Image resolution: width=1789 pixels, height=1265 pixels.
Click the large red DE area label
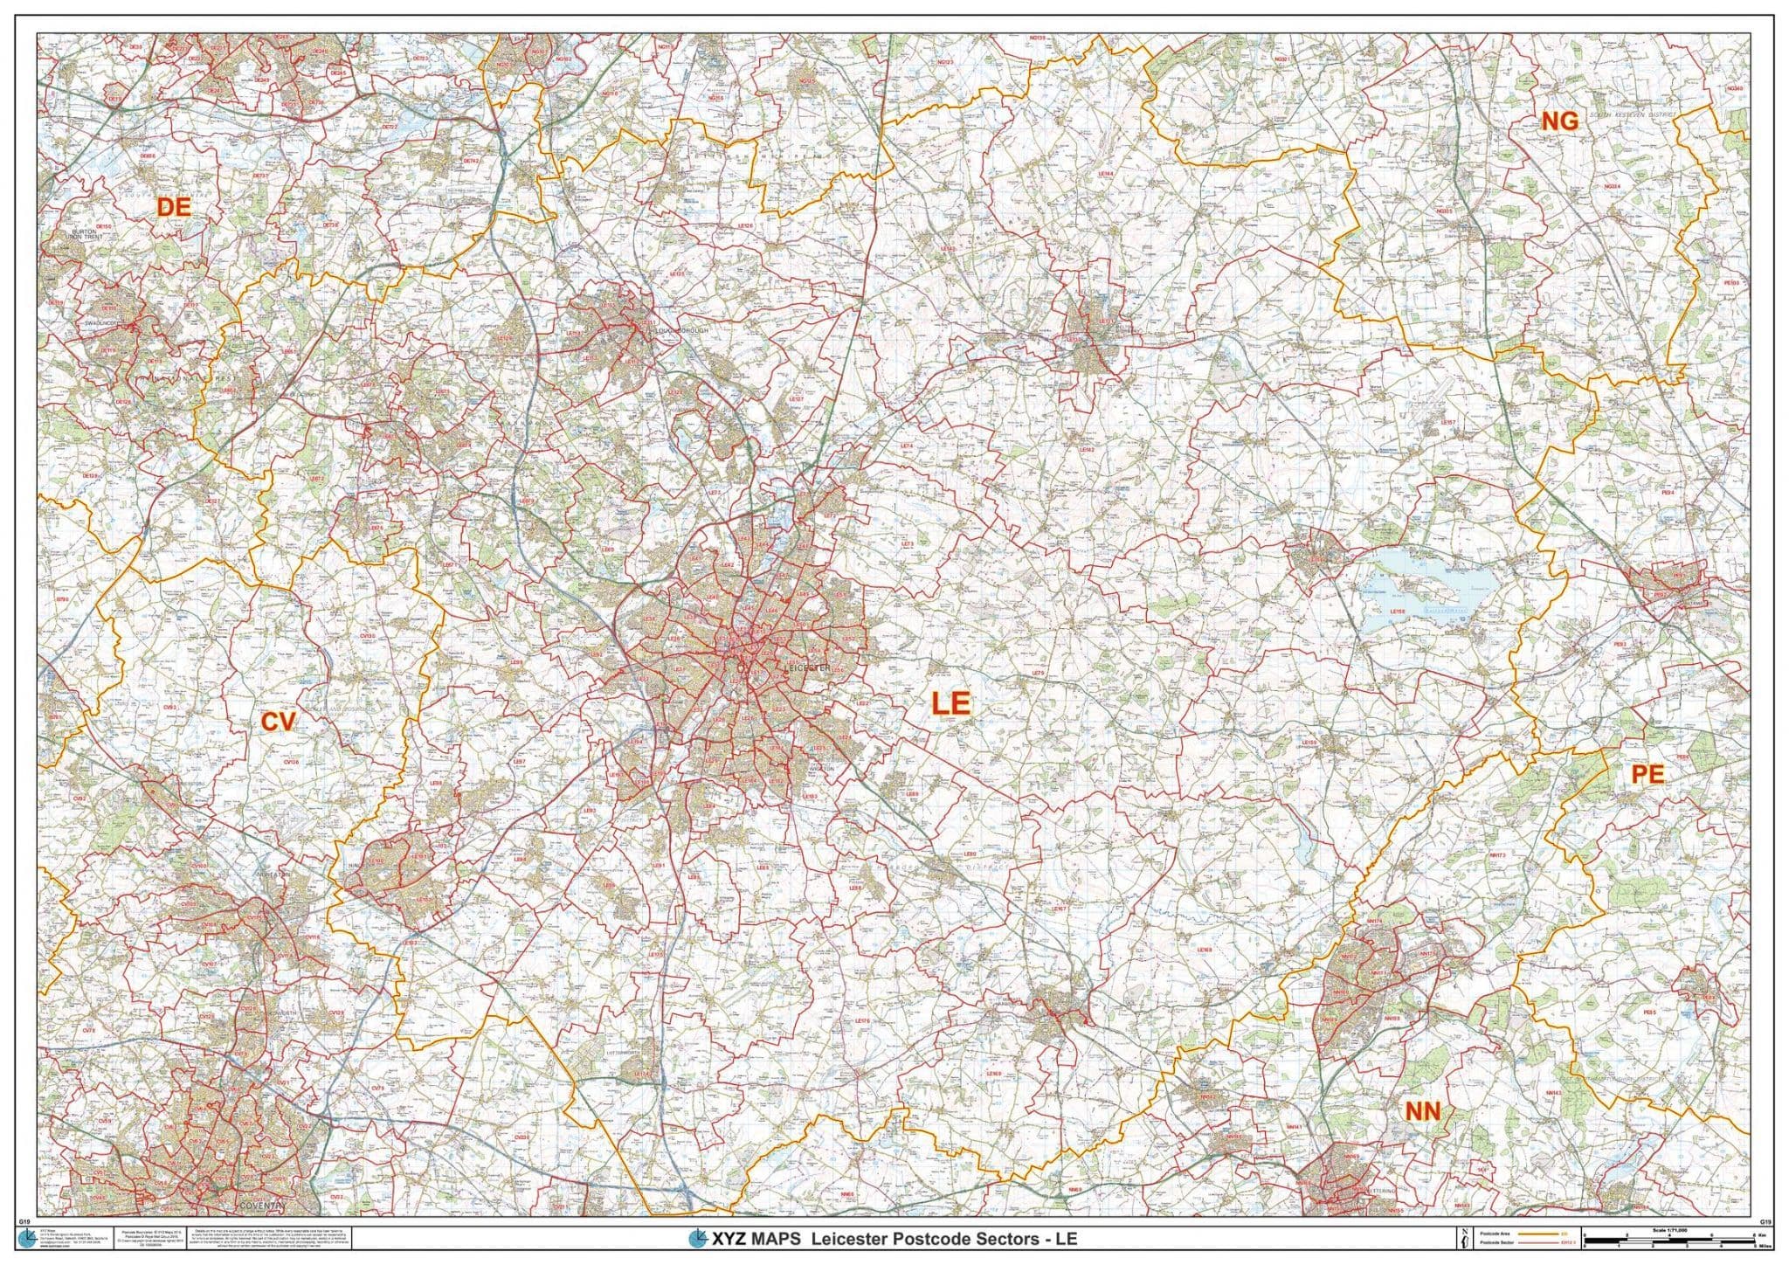point(173,207)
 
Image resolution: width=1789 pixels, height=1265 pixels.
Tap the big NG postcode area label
point(1560,121)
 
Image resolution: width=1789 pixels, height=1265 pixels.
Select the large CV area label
point(279,722)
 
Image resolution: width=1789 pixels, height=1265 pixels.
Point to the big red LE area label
point(950,703)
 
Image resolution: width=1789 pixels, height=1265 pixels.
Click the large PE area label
point(1647,774)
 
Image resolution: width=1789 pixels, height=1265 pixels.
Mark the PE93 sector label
point(1620,645)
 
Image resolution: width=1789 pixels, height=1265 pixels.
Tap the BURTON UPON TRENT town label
point(94,237)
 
